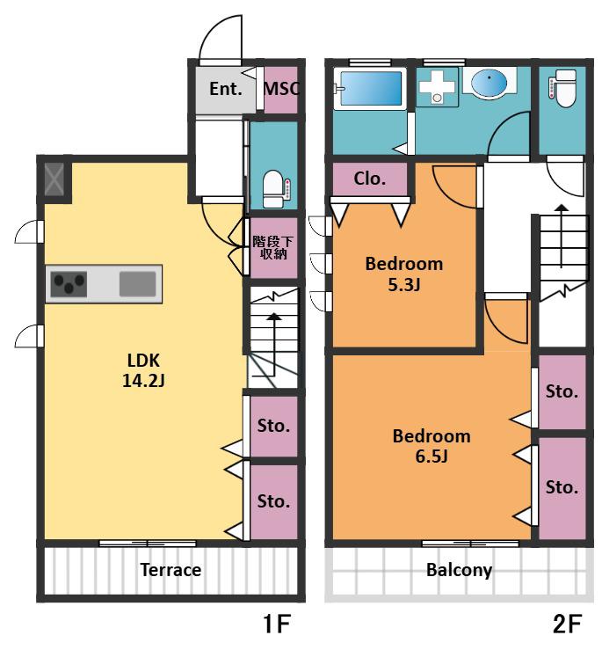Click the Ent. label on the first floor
point(225,89)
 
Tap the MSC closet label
point(281,88)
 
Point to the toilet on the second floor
point(562,89)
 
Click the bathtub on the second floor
point(371,89)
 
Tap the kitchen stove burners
point(69,284)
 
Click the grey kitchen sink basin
point(138,284)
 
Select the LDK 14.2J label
point(143,370)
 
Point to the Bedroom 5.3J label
point(404,274)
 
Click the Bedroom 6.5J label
point(432,446)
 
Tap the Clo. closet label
point(370,179)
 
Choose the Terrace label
point(170,570)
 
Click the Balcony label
point(459,571)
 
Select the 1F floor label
point(277,623)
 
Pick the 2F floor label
point(567,623)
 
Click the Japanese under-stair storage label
point(273,247)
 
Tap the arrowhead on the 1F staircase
point(274,317)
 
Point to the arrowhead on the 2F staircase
point(562,208)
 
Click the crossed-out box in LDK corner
point(54,179)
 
